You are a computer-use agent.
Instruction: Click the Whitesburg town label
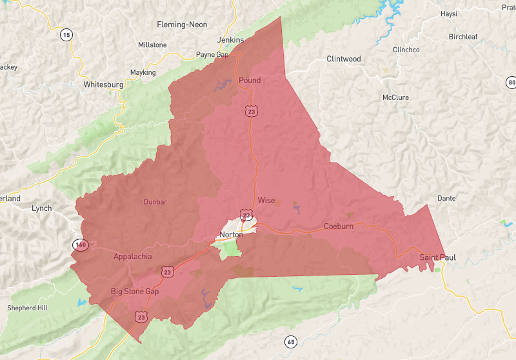pos(103,85)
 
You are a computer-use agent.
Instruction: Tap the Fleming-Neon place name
pos(183,25)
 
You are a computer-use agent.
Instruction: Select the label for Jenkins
pos(231,40)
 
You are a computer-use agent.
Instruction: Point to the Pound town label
pos(250,80)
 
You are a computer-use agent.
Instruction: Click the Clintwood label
pos(344,59)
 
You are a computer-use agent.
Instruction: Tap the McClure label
pos(395,97)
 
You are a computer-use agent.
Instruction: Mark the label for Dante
pos(446,198)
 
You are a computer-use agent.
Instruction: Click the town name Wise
pos(266,201)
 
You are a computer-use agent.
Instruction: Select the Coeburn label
pos(339,226)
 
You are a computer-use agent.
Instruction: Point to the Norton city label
pos(232,234)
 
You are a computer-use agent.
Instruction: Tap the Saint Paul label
pos(438,257)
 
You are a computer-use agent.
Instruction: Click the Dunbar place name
pos(155,202)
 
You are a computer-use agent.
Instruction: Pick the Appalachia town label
pos(133,257)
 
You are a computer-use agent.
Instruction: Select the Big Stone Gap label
pos(135,292)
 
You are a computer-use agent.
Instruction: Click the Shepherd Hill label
pos(28,308)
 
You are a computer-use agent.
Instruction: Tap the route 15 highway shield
pos(66,35)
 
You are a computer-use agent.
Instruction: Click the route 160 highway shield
pos(80,245)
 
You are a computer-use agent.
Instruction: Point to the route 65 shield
pos(291,341)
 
